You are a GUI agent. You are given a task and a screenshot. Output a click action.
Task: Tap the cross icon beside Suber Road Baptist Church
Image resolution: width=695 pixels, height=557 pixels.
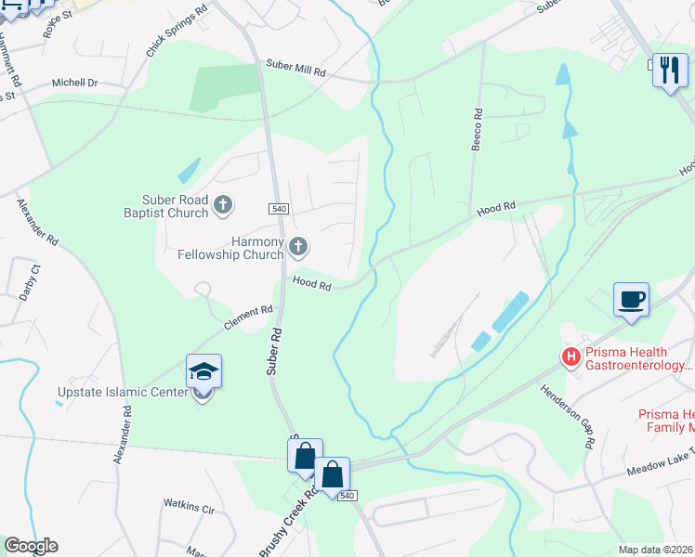[x=222, y=204]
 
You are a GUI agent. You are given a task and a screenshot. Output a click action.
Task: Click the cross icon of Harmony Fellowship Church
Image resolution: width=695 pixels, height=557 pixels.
[x=298, y=246]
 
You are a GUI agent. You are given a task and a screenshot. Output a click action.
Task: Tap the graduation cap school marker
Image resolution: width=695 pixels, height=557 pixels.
[x=204, y=373]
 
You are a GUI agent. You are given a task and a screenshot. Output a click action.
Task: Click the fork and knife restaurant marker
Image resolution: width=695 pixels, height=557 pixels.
[x=669, y=70]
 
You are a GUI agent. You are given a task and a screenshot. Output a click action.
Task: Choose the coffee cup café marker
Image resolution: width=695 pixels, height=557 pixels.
[x=631, y=300]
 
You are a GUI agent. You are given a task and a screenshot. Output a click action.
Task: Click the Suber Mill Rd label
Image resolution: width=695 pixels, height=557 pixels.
[x=296, y=71]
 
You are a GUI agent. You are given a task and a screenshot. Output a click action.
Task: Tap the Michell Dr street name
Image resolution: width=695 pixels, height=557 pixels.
[x=74, y=83]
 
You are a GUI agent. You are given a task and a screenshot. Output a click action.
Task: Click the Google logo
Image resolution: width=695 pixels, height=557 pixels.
[x=31, y=546]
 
